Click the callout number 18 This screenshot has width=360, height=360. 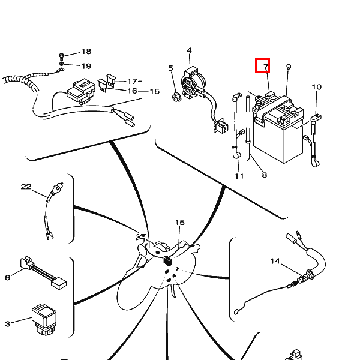click(x=86, y=52)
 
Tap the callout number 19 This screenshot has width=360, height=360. click(x=86, y=66)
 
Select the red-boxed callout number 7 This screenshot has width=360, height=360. click(x=263, y=66)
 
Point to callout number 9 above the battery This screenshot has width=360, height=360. click(x=289, y=67)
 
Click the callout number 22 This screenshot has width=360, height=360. click(x=26, y=187)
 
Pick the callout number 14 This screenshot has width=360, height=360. click(x=275, y=261)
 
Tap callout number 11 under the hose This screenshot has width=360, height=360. click(x=239, y=176)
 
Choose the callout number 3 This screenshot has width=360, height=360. click(x=8, y=324)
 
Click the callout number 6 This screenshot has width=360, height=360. click(x=8, y=277)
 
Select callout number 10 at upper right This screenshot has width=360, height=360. click(x=316, y=88)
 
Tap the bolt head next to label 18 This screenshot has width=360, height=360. click(x=62, y=53)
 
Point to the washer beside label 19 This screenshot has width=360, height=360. click(x=62, y=64)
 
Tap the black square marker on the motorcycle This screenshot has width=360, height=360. click(x=168, y=260)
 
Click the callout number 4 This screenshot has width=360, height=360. click(x=189, y=50)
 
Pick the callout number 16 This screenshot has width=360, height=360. click(x=132, y=91)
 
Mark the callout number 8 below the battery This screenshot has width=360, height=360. click(x=263, y=176)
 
